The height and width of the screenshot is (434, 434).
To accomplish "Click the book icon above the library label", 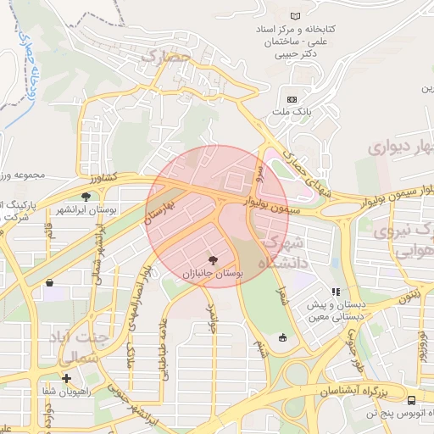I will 295,17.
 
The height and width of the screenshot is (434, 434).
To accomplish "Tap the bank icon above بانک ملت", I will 293,98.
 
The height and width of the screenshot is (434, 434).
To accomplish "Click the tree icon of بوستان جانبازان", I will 212,261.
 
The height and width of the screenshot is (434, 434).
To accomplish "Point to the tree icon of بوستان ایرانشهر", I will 86,197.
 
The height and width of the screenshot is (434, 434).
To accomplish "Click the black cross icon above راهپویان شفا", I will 66,378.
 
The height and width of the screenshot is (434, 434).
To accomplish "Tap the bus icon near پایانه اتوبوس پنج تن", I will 411,400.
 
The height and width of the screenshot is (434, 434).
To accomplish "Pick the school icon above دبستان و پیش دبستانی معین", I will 335,292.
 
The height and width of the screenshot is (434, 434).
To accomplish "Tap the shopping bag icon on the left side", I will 50,282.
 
